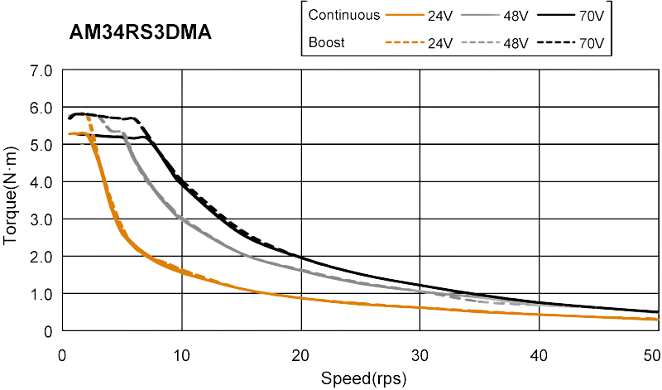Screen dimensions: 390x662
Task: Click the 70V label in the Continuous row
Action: [x=591, y=14]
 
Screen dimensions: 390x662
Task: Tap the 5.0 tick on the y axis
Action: [x=42, y=145]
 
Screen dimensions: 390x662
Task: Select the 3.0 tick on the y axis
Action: [x=42, y=219]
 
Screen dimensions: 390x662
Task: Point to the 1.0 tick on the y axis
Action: [x=42, y=294]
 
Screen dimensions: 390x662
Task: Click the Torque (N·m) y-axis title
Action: [x=14, y=200]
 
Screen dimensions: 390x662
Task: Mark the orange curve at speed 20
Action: [x=301, y=296]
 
